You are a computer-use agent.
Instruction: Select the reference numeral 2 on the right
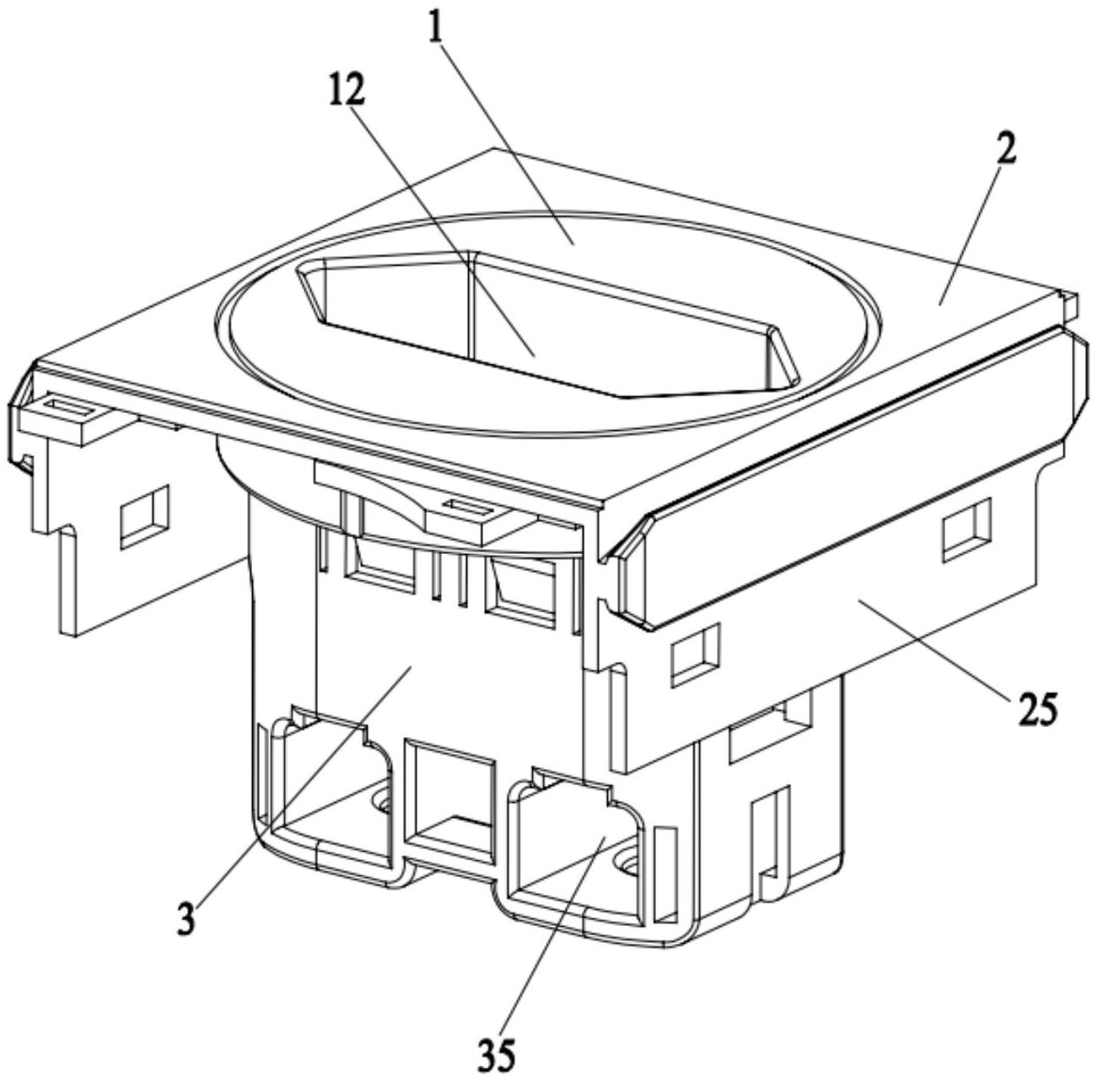pos(1006,148)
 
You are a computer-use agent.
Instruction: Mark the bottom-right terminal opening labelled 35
pos(573,835)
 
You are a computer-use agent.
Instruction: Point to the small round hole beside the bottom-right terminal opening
pos(628,863)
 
